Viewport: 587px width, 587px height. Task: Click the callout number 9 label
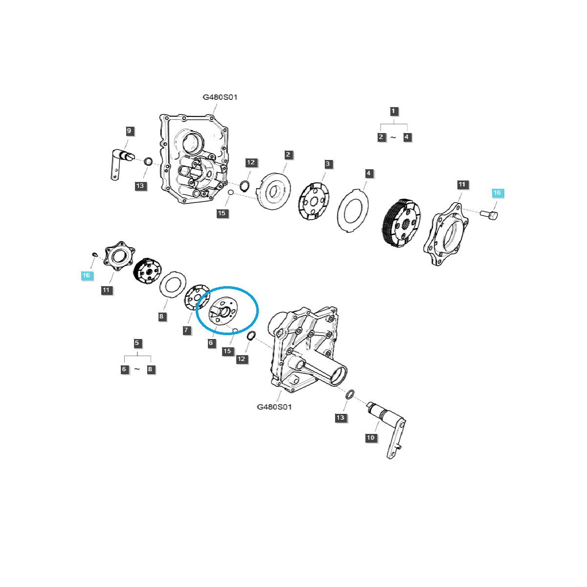tap(129, 131)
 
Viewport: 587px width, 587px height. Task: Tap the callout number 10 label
tap(371, 437)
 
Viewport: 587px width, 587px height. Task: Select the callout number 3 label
tap(328, 164)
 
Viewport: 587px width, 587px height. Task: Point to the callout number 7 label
tap(186, 330)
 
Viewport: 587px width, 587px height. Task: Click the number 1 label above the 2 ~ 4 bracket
tap(394, 111)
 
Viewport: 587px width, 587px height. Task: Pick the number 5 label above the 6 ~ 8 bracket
tap(137, 343)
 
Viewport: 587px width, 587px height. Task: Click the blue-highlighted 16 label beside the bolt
tap(497, 193)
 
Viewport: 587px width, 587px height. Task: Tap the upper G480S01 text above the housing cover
tap(220, 97)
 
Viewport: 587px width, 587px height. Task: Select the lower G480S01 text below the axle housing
tap(274, 407)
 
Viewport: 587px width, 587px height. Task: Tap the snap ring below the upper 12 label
tap(245, 185)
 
